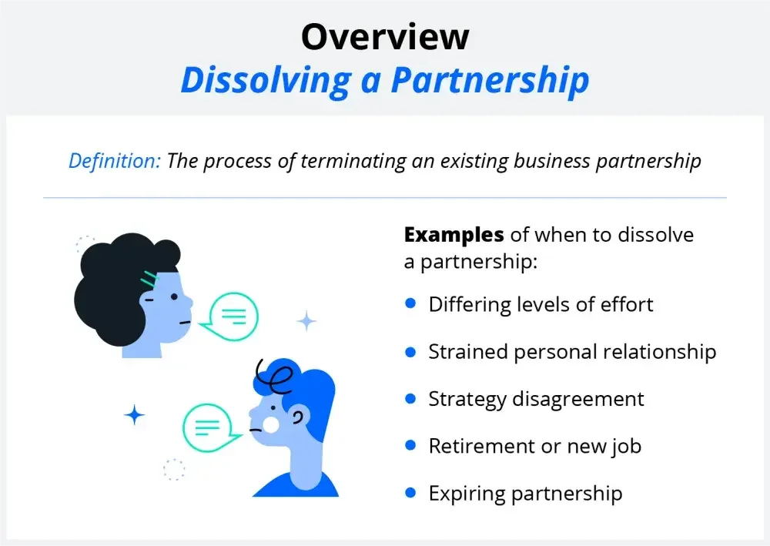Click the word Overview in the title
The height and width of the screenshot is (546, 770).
click(x=385, y=37)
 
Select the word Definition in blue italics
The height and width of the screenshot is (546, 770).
click(x=115, y=160)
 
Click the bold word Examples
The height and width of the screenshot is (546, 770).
click(x=454, y=235)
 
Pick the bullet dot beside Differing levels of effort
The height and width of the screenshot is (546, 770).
click(x=410, y=303)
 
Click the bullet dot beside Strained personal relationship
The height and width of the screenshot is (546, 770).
click(x=410, y=352)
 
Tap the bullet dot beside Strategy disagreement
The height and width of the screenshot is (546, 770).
click(x=410, y=398)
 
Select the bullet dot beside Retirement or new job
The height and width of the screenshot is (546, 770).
click(x=410, y=445)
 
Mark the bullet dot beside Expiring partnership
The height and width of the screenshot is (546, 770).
click(x=410, y=493)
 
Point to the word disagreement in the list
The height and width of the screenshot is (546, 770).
click(x=578, y=400)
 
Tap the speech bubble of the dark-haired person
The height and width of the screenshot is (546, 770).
click(x=229, y=317)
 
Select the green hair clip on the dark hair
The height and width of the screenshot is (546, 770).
click(x=149, y=279)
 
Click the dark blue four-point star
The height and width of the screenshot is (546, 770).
click(x=134, y=415)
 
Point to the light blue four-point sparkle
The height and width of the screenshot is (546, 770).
click(x=307, y=321)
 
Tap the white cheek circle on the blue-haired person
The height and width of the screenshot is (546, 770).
click(x=270, y=424)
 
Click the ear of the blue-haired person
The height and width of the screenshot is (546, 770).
click(x=297, y=417)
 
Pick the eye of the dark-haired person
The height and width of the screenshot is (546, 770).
click(x=174, y=296)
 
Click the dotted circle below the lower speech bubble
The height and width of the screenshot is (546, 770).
click(x=174, y=470)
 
